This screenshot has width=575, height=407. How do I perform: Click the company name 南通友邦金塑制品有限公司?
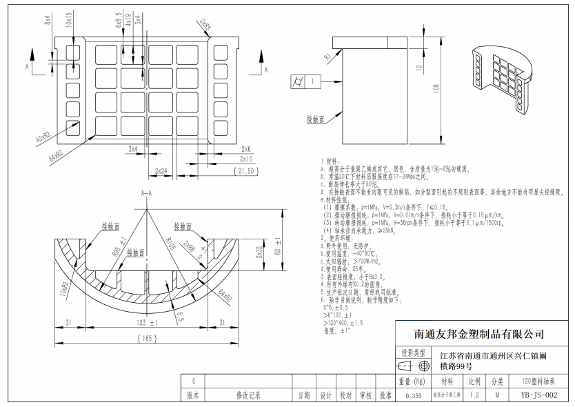click(478, 334)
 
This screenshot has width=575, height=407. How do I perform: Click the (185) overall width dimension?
click(146, 339)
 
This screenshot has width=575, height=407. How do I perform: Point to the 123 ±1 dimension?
click(147, 322)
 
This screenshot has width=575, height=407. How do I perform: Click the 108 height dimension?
click(436, 89)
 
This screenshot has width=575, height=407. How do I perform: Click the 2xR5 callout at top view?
click(205, 26)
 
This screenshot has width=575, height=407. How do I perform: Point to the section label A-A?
click(146, 193)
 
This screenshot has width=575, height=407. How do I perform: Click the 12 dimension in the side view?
click(418, 68)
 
